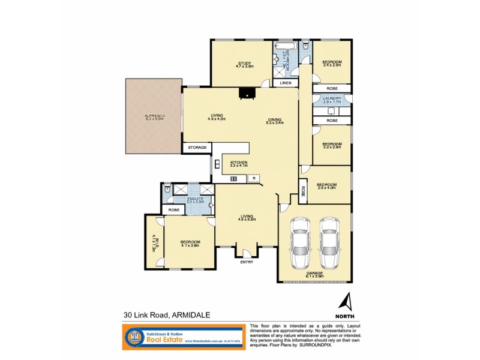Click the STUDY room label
coord(244,64)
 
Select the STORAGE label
coord(197,147)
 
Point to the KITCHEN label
coord(239,163)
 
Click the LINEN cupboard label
coord(286,83)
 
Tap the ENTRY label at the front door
coord(246,262)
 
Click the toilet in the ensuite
coord(169,190)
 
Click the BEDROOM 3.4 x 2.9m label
coord(331,63)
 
